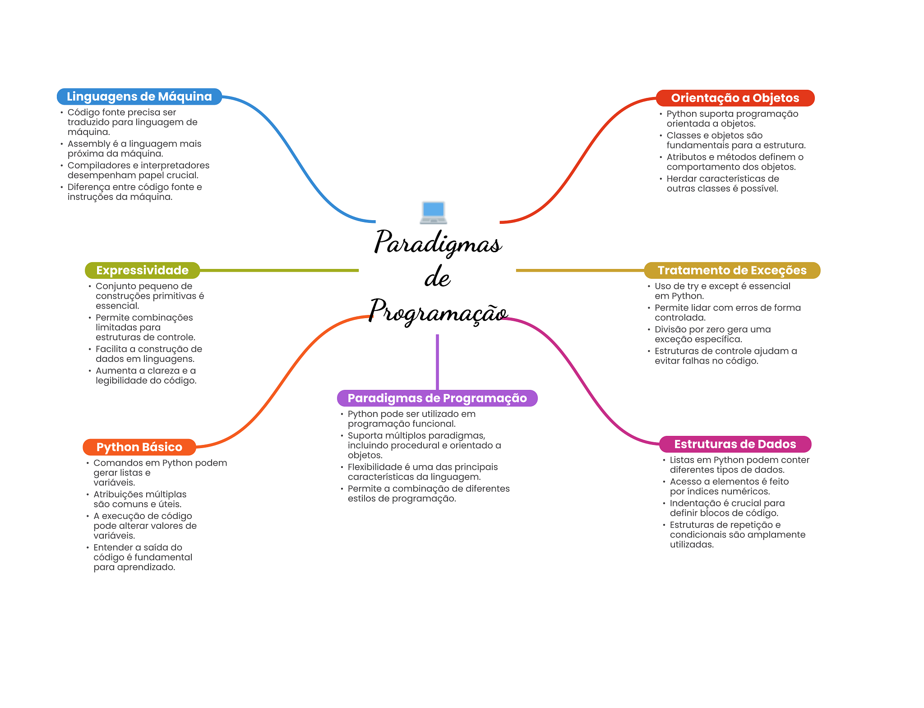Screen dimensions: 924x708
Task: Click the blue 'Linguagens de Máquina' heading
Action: tap(139, 97)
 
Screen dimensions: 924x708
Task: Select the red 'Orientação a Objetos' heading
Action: tap(735, 98)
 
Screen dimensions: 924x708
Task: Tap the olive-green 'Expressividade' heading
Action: tap(143, 270)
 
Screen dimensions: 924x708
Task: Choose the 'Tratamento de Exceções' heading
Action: tap(732, 270)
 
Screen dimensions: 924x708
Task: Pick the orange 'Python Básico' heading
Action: tap(139, 447)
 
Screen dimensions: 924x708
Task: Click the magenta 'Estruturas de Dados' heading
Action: tap(735, 444)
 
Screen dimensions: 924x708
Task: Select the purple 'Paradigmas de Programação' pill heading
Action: tap(437, 398)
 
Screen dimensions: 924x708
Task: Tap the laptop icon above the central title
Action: tap(433, 213)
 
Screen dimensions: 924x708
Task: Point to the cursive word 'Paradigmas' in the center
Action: tap(438, 243)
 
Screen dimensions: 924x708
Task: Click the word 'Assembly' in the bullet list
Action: tap(88, 144)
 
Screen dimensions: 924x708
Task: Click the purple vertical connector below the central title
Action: tap(437, 362)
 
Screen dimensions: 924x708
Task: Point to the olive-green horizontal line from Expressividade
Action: tap(279, 270)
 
